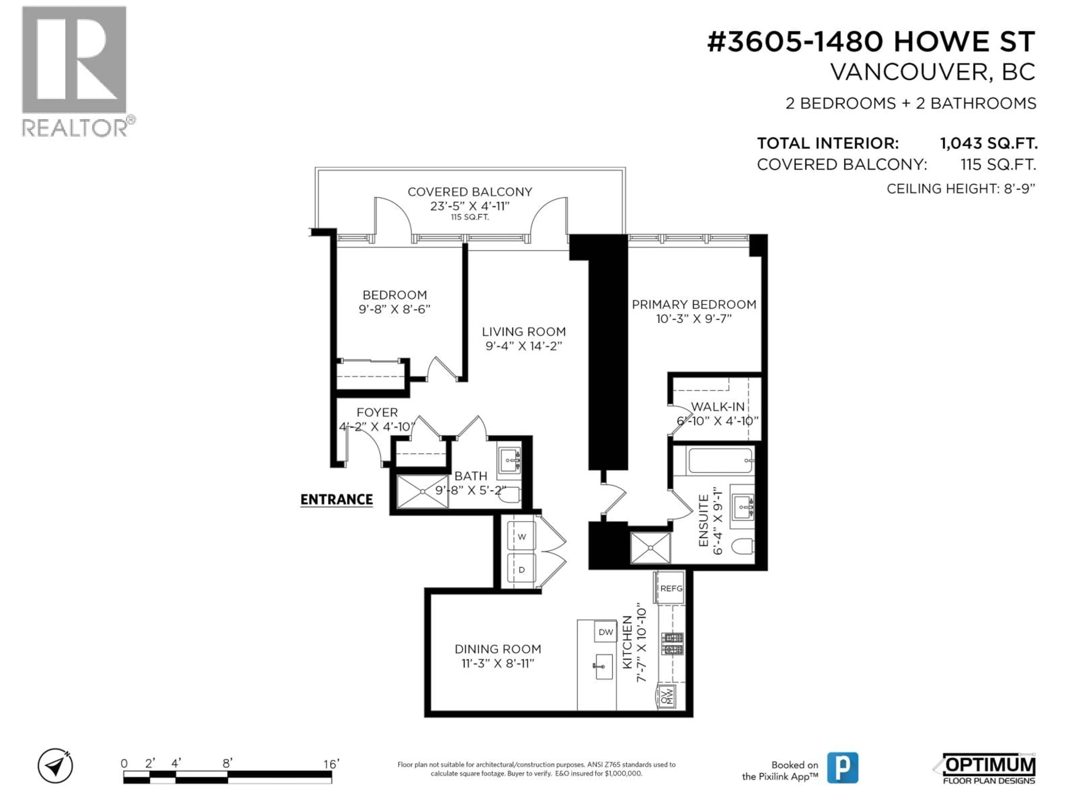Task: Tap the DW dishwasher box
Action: pos(606,632)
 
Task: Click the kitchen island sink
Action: pos(603,667)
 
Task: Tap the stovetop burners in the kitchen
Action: pos(672,644)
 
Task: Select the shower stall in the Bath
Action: pos(422,492)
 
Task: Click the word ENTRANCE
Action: pos(336,500)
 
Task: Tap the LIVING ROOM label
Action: pos(523,332)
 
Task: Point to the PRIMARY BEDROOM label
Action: pos(694,305)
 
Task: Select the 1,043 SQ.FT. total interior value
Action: pos(988,143)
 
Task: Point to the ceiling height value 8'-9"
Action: pos(1019,189)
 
